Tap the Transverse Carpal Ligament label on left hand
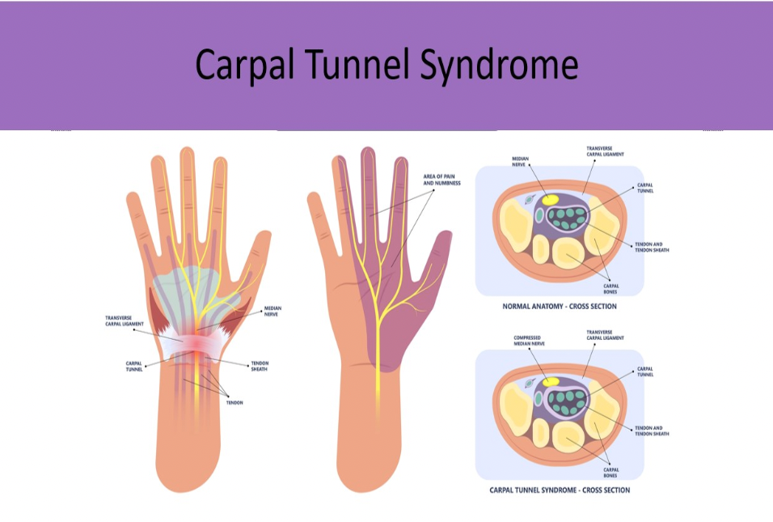125,320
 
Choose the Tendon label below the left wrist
234,402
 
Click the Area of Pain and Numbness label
442,180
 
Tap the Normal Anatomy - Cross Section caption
560,307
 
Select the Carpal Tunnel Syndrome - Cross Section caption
560,490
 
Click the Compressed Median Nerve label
528,341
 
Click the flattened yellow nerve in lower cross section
551,380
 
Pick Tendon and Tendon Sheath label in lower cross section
652,431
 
